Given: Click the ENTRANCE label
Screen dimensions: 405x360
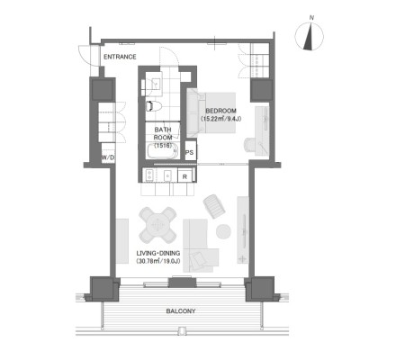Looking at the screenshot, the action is [x=120, y=57].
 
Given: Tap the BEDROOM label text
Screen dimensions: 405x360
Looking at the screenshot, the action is [x=220, y=111].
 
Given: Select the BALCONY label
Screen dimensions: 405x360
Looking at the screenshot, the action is [x=181, y=311].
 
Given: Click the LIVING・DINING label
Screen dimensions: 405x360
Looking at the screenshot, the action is [x=158, y=253].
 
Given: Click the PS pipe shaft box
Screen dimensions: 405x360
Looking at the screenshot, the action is [x=190, y=152].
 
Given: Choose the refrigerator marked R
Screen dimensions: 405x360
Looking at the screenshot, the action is [x=184, y=175].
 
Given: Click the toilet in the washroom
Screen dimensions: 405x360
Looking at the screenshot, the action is [x=154, y=106].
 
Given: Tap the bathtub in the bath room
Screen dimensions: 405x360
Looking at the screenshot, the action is [x=162, y=151].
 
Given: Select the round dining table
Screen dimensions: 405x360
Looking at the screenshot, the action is [x=157, y=225].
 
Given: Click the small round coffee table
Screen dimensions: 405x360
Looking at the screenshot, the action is [x=223, y=231].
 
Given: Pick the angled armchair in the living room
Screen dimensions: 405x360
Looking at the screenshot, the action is [x=214, y=206].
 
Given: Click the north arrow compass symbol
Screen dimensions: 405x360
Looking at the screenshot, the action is [x=310, y=36].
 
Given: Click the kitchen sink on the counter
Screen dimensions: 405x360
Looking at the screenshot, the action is [x=167, y=175].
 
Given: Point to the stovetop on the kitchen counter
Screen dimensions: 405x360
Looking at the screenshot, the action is [x=149, y=175].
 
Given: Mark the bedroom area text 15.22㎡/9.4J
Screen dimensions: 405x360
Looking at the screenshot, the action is [x=220, y=119].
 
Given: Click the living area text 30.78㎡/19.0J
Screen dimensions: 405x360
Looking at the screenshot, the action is [x=158, y=261].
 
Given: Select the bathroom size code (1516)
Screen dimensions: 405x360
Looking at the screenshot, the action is [x=163, y=146].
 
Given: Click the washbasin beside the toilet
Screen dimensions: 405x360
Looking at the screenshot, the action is [x=156, y=84].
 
